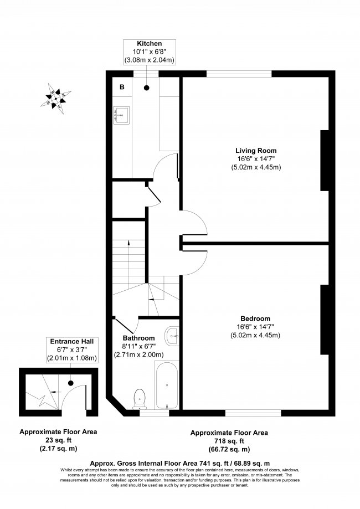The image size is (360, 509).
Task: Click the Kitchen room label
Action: pos(150,43)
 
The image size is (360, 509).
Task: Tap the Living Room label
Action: pos(256,151)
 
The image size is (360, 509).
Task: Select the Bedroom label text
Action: pos(255,318)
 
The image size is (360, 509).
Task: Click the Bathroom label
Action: pos(138,338)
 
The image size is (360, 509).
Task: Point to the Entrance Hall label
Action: pos(70,342)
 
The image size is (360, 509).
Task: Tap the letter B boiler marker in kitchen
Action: pos(122,88)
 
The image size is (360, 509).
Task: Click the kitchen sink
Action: pos(121,115)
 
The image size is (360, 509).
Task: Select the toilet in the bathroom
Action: pos(140,397)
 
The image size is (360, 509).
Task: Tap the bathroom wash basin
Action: pos(172,335)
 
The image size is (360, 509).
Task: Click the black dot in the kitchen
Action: pos(147,88)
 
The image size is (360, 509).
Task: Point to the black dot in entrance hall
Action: pos(71,382)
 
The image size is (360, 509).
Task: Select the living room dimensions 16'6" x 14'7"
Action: pos(256,159)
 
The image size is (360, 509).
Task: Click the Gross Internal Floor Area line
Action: pos(180,461)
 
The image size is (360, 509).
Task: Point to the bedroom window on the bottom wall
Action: pos(253,413)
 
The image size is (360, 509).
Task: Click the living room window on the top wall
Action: pos(239,73)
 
